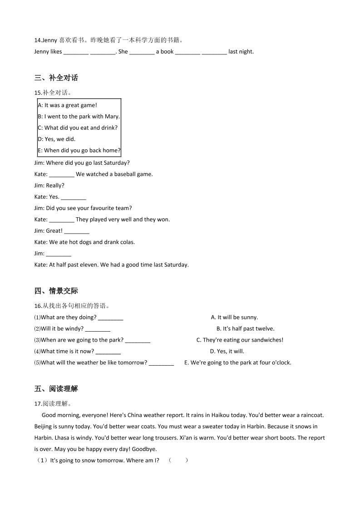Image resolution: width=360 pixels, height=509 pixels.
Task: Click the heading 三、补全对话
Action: pos(56,78)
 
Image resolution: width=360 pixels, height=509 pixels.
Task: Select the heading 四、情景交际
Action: pos(56,291)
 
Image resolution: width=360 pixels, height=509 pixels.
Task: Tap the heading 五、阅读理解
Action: pos(56,389)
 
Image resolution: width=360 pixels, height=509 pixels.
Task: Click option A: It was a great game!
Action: pos(67,105)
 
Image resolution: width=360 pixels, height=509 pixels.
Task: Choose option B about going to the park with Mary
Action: pos(79,117)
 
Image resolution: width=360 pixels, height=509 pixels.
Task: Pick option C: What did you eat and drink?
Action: pos(78,128)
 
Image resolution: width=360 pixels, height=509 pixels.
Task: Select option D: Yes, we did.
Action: pos(57,139)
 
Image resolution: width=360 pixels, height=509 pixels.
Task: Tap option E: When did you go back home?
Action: pos(79,151)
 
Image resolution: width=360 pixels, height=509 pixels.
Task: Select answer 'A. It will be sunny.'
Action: pos(234,318)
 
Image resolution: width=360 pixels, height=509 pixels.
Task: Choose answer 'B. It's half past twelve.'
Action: pos(245,329)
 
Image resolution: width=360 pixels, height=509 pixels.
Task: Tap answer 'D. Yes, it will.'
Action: pos(227,352)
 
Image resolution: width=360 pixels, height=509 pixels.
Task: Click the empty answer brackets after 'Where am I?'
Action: pos(178,460)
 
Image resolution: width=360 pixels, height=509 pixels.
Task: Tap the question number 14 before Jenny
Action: pos(37,40)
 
